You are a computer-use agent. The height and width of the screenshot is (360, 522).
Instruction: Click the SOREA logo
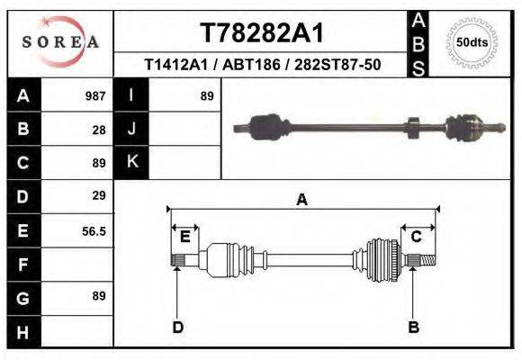click(x=59, y=41)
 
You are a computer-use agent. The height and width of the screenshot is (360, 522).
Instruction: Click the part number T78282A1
click(x=261, y=33)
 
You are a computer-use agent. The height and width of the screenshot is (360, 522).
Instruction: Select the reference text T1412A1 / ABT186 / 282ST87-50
click(x=261, y=66)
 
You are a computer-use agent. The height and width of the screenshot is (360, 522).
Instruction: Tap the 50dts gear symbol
click(x=472, y=41)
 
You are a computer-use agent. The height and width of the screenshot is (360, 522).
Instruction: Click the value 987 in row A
click(x=95, y=95)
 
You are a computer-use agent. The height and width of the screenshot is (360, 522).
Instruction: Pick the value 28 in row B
click(x=99, y=129)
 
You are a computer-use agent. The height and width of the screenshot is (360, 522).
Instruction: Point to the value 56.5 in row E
click(x=94, y=231)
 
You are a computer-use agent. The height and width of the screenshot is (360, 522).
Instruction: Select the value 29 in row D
click(x=99, y=195)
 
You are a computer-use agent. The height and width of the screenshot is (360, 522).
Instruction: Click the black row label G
click(x=22, y=297)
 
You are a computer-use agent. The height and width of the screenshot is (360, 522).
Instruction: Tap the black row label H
click(x=22, y=331)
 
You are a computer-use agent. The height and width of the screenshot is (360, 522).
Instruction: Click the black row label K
click(x=132, y=162)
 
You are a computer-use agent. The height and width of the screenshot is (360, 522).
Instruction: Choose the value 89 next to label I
click(x=207, y=95)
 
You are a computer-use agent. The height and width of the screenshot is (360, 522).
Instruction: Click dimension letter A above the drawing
click(x=301, y=200)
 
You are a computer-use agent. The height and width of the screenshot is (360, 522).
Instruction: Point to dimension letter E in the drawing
click(x=184, y=237)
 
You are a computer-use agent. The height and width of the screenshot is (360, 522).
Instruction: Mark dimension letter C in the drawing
click(x=417, y=237)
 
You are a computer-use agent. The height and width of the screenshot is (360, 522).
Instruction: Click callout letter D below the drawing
click(x=177, y=327)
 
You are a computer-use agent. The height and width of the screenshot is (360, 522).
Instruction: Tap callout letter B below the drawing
click(x=413, y=327)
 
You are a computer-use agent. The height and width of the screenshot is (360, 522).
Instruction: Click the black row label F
click(x=22, y=265)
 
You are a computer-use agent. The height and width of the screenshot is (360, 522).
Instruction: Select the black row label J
click(x=132, y=129)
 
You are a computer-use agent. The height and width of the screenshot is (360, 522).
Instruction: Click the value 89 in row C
click(x=99, y=163)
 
